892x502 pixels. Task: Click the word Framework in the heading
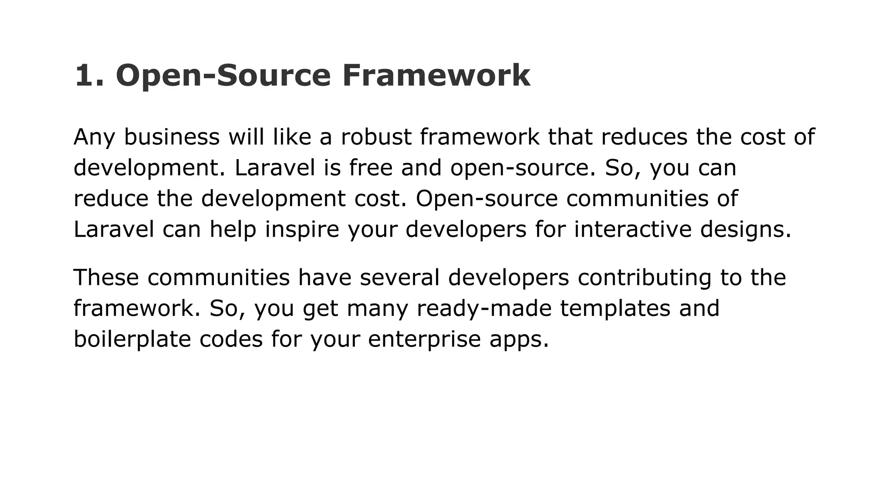click(436, 75)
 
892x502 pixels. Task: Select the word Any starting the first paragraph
click(94, 137)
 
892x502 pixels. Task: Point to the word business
click(172, 137)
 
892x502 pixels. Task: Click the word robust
click(376, 137)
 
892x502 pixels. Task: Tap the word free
click(371, 168)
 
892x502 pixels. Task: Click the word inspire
click(302, 229)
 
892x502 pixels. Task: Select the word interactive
click(632, 229)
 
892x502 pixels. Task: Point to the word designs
click(745, 229)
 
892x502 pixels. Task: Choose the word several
click(399, 278)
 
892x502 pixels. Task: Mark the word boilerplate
click(132, 339)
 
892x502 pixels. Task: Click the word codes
click(231, 339)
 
